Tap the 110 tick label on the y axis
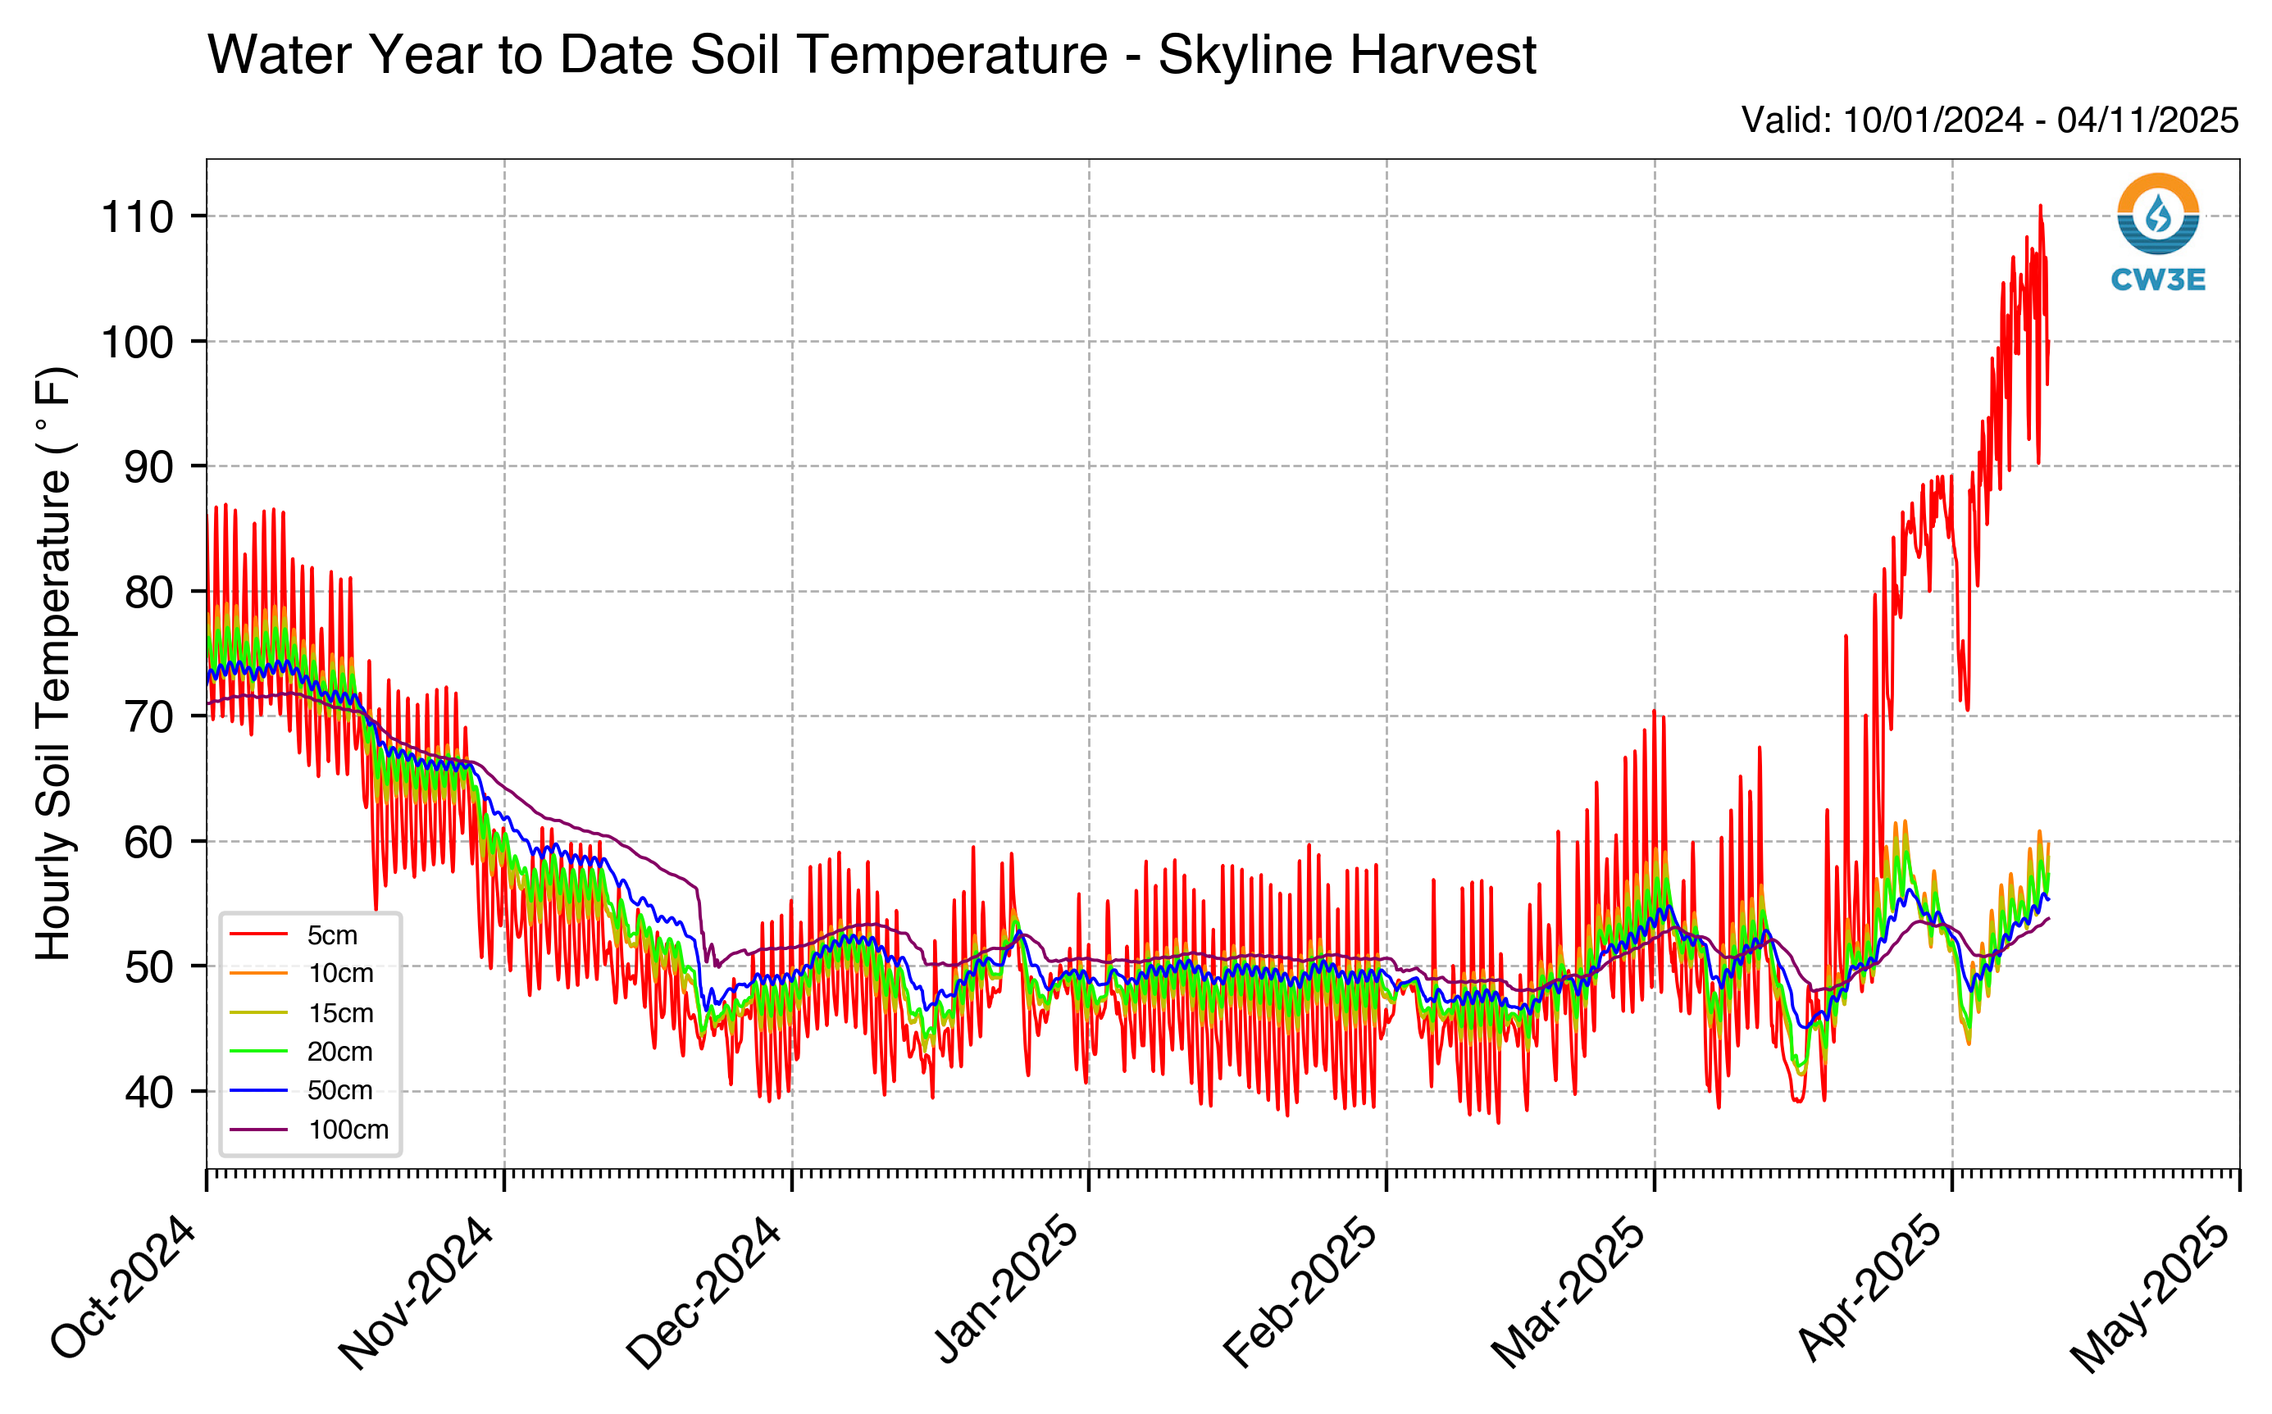coord(137,217)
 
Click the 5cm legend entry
coord(294,935)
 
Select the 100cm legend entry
coord(308,1130)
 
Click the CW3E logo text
coord(2158,280)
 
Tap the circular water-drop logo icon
coord(2158,214)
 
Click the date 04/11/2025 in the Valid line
coord(2147,120)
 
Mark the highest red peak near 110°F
coord(2040,206)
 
